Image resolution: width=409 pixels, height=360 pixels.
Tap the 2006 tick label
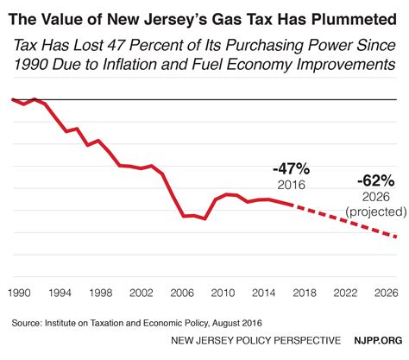coord(183,293)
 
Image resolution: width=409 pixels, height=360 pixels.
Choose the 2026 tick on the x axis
coord(385,293)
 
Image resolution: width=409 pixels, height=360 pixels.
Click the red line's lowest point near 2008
coord(204,219)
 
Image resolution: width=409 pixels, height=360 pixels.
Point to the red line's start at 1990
coord(13,100)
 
